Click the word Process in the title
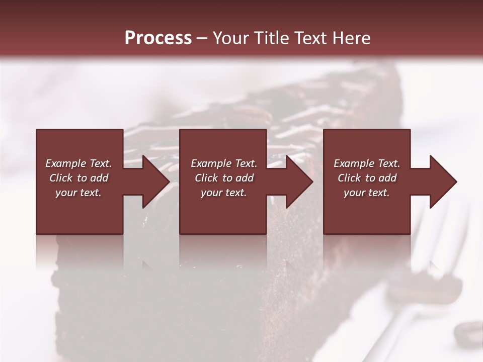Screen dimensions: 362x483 pyautogui.click(x=158, y=38)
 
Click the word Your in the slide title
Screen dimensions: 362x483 pyautogui.click(x=232, y=38)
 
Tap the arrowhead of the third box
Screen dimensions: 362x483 pyautogui.click(x=443, y=182)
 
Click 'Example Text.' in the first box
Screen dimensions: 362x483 pyautogui.click(x=78, y=163)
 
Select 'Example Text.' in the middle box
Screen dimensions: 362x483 pyautogui.click(x=223, y=163)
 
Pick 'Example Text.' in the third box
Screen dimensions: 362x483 pyautogui.click(x=367, y=163)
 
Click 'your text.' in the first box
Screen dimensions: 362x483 pyautogui.click(x=78, y=193)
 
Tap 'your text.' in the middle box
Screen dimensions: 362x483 pyautogui.click(x=223, y=193)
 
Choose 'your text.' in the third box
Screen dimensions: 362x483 pyautogui.click(x=367, y=193)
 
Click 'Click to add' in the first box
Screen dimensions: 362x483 pyautogui.click(x=78, y=178)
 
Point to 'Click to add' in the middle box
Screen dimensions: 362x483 pyautogui.click(x=223, y=178)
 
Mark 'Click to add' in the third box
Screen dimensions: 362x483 pyautogui.click(x=367, y=178)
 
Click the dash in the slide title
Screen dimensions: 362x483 pyautogui.click(x=202, y=39)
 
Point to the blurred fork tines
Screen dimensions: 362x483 pyautogui.click(x=443, y=236)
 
